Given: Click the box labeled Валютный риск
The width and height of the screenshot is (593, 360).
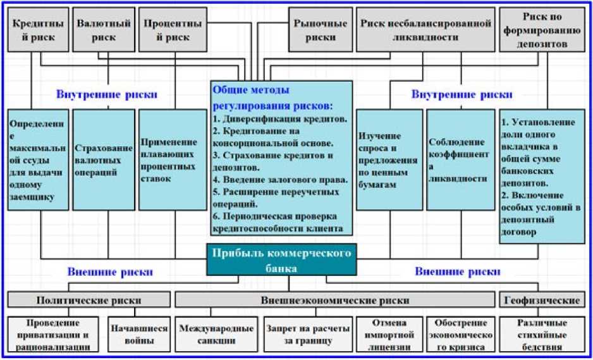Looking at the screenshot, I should tap(104, 30).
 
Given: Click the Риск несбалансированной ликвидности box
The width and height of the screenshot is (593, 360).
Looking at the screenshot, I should tap(426, 30).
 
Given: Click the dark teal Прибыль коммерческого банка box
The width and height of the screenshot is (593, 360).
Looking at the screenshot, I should tap(281, 260).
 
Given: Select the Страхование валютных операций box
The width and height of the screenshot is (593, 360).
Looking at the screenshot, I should tap(104, 159).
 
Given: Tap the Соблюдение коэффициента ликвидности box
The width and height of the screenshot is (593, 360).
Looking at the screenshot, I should tap(458, 159).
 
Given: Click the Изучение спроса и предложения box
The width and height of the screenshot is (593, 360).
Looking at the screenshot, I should tap(389, 159).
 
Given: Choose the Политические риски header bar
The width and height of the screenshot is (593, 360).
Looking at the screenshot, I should tap(88, 299).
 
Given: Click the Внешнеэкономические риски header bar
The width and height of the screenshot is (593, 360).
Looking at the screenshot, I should tap(334, 299).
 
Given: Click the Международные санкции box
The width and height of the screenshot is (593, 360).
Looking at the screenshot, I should tap(216, 334).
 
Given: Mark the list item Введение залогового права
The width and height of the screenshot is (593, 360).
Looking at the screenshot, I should tap(281, 180).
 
